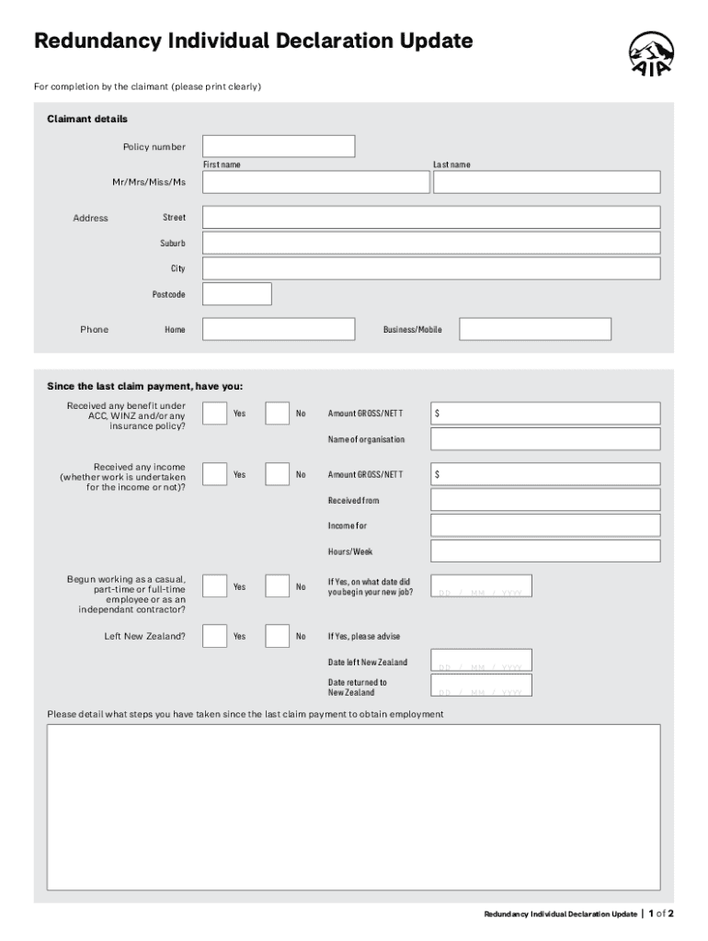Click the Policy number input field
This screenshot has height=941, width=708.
[x=279, y=146]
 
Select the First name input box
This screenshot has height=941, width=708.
[x=315, y=182]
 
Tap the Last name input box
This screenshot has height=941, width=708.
[x=546, y=182]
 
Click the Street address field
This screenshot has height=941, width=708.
[x=430, y=218]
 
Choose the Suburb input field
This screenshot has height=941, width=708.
[x=430, y=243]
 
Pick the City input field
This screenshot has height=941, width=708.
[x=430, y=268]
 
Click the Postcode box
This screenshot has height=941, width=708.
[x=237, y=294]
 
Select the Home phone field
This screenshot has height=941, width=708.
[x=279, y=329]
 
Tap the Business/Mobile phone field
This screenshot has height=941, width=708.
[x=535, y=329]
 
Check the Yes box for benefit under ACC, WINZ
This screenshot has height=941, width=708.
[x=214, y=414]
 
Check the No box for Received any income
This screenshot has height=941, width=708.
[x=277, y=474]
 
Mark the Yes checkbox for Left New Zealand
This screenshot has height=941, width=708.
[x=214, y=636]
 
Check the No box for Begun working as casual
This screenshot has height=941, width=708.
[x=277, y=586]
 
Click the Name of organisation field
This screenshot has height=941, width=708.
[x=545, y=439]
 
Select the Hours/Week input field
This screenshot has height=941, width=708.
[x=545, y=551]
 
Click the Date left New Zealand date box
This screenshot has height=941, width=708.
[x=481, y=661]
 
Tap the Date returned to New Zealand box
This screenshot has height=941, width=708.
[x=481, y=686]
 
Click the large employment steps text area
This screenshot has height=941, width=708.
[x=353, y=807]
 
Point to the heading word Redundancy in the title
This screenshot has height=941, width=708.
[x=97, y=41]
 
